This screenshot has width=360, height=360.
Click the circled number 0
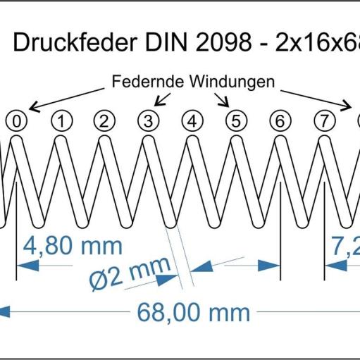click(17, 121)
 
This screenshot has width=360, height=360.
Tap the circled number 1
click(62, 121)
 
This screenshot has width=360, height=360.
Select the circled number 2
click(104, 121)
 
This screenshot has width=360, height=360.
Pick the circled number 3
click(149, 121)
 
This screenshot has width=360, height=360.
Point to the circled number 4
click(192, 121)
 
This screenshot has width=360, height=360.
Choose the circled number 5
click(236, 121)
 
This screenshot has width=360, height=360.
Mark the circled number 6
click(280, 121)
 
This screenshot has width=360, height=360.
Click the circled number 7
click(324, 121)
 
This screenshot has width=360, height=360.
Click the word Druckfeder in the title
click(75, 42)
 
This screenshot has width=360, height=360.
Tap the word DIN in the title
click(166, 42)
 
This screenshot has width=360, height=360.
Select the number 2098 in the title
click(223, 42)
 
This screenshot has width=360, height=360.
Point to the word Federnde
click(147, 82)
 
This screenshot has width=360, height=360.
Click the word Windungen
click(232, 82)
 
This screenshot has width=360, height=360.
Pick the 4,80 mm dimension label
click(73, 246)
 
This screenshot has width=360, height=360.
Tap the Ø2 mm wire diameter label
click(130, 273)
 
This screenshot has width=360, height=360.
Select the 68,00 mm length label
click(193, 312)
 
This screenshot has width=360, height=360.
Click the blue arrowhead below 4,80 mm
click(27, 266)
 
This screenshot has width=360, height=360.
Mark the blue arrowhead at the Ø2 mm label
click(167, 280)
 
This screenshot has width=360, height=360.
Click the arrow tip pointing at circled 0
click(29, 109)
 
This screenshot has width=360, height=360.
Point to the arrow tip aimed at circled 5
click(228, 107)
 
